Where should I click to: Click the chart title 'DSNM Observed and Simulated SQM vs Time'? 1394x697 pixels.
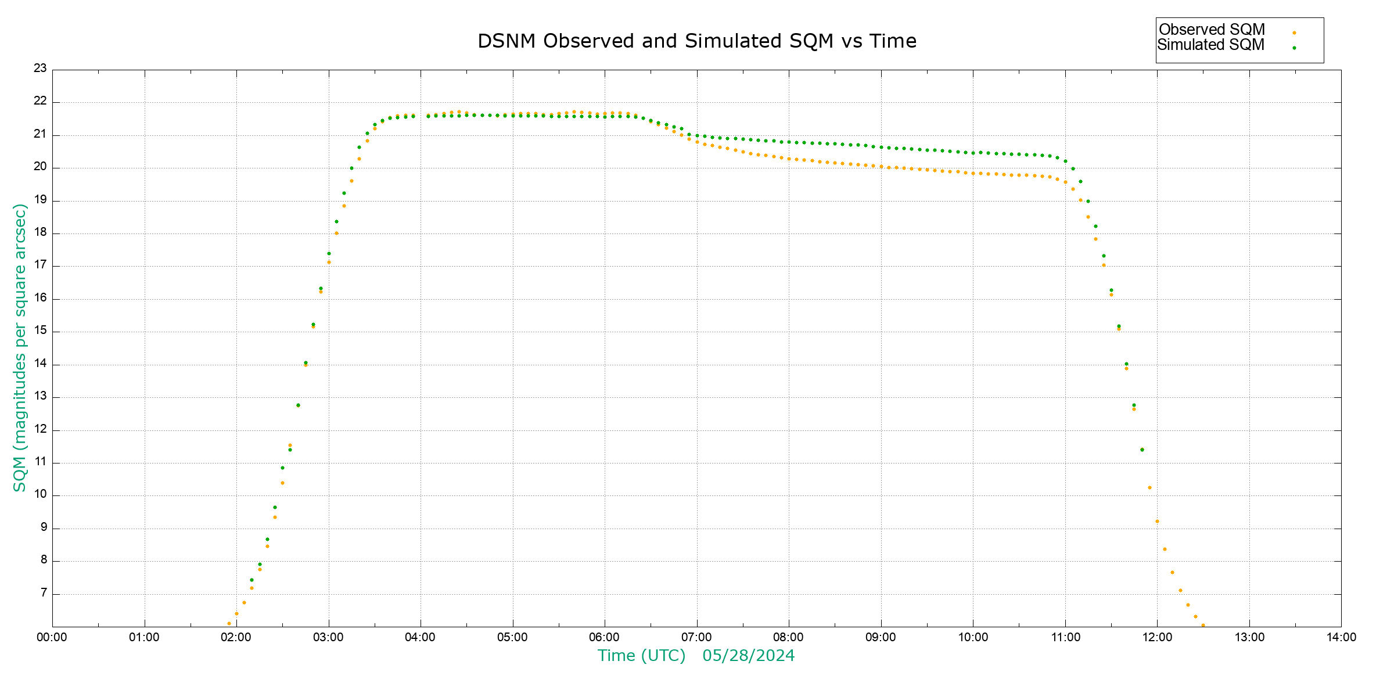coord(697,41)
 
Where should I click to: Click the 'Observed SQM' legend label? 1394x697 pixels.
coord(1212,30)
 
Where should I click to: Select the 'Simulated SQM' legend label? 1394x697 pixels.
coord(1211,45)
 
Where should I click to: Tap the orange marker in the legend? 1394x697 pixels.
coord(1294,33)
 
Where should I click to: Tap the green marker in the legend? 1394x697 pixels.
coord(1294,48)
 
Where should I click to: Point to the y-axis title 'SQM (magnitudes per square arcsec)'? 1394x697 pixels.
coord(20,347)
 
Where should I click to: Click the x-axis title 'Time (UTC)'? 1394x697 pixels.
coord(642,656)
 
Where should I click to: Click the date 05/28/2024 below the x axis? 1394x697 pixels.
coord(748,656)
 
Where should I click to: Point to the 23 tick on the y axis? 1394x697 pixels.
coord(40,69)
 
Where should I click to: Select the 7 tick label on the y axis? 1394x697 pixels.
coord(44,593)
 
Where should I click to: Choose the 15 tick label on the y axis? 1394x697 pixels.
coord(40,331)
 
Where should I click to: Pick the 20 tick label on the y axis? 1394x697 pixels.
coord(40,167)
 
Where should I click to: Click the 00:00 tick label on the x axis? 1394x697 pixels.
coord(52,637)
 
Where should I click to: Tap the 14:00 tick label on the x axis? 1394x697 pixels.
coord(1341,637)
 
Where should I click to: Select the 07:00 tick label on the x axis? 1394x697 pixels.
coord(696,637)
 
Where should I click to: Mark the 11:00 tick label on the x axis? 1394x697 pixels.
coord(1065,637)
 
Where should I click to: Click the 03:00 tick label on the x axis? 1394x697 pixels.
coord(328,637)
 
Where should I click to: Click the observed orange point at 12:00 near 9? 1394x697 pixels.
coord(1157,522)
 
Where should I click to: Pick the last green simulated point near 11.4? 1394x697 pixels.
coord(1142,450)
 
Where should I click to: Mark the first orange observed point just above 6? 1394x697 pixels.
coord(229,624)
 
